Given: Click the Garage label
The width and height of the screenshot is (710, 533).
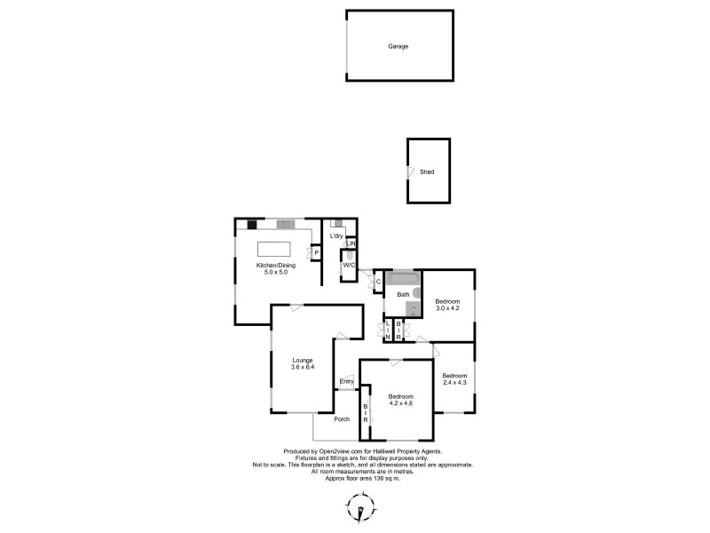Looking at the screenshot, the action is (398, 46).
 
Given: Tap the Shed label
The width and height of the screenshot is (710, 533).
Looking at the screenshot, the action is (427, 171).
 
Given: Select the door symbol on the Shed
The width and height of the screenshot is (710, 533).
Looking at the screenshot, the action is (410, 171).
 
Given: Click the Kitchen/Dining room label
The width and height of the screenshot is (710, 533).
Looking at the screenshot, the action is (276, 266).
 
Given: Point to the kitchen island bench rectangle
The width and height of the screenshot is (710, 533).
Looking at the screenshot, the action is (274, 250).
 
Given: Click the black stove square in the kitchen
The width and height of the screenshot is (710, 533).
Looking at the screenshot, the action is (252, 225).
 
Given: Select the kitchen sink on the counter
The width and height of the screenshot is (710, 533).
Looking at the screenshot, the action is (286, 224).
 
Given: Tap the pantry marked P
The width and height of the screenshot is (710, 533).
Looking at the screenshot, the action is (316, 253).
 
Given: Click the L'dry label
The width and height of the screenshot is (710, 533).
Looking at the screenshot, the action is (336, 236).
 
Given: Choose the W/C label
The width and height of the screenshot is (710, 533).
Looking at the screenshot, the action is (349, 265).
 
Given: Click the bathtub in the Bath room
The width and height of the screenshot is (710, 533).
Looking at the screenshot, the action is (404, 278).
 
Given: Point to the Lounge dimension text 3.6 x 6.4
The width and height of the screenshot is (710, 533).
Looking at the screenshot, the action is (303, 367).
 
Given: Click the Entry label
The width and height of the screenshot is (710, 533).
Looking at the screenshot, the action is (347, 382).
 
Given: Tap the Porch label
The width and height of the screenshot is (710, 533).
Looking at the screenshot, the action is (342, 419).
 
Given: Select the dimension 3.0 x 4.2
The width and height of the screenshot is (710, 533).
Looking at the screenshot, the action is (448, 308).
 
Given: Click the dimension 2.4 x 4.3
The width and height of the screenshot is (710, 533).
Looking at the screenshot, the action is (454, 383).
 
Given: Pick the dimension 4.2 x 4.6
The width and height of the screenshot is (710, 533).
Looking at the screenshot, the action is (401, 403).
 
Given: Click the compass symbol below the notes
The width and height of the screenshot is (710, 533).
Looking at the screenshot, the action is (360, 508).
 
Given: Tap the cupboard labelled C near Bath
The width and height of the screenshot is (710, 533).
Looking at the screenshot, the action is (379, 282).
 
